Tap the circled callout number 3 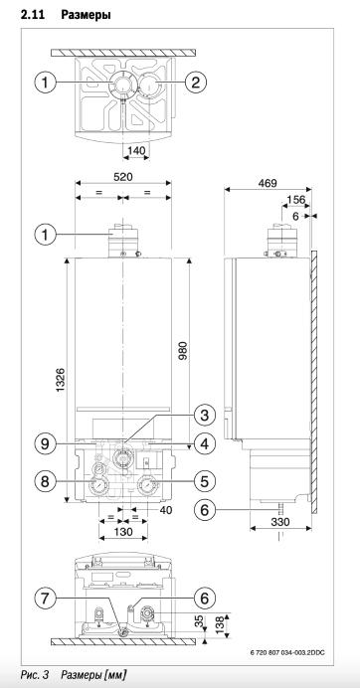click(x=204, y=415)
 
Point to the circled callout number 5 click(x=204, y=482)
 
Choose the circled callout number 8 click(x=46, y=482)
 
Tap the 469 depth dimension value click(x=268, y=182)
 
